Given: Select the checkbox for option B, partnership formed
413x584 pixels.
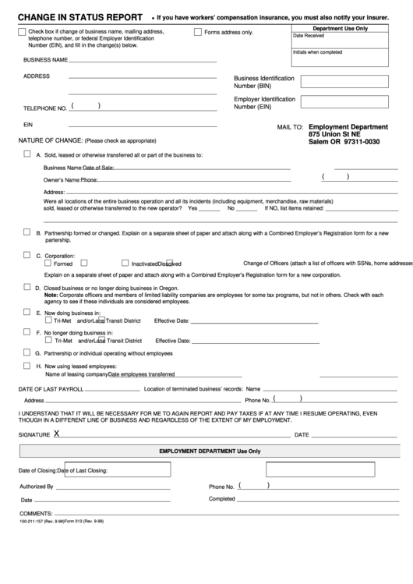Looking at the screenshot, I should click(x=28, y=232).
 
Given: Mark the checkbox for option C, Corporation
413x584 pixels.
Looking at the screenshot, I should click(x=28, y=254).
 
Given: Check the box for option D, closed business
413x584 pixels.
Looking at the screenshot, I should click(x=28, y=286).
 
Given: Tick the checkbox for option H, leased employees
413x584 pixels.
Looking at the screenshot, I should click(x=28, y=364).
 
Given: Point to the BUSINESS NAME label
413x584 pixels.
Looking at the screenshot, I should click(x=45, y=60).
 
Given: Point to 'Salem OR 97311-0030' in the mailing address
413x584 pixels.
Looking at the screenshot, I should click(x=344, y=141).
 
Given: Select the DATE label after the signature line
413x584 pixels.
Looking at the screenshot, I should click(x=302, y=435).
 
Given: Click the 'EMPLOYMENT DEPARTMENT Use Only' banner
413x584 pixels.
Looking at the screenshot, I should click(x=210, y=451).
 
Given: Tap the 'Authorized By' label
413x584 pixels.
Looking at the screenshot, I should click(x=36, y=487).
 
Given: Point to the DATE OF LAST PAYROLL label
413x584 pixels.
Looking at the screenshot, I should click(x=51, y=388).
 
